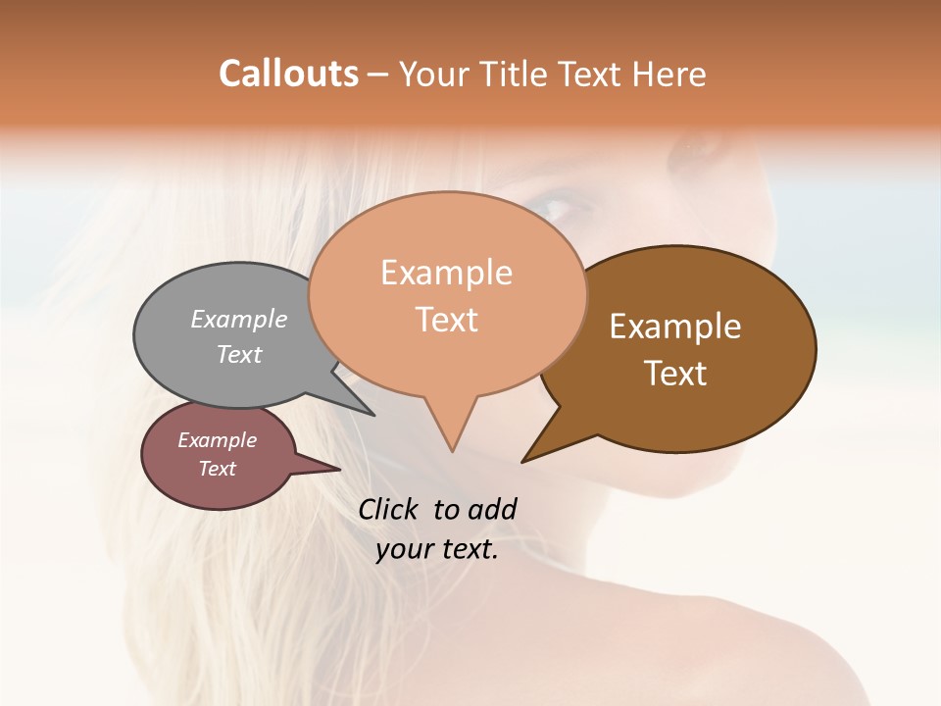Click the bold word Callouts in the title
tap(288, 74)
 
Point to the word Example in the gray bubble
tap(239, 319)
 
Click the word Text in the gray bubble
tap(239, 354)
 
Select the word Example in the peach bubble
tap(446, 273)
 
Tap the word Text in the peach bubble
tap(446, 320)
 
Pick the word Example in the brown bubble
tap(675, 327)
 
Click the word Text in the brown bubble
tap(675, 373)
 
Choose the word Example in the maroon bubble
tap(217, 440)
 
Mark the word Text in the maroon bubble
tap(217, 469)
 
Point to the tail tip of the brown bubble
tap(525, 459)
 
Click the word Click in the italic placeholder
tap(390, 509)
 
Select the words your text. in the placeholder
tap(437, 549)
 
